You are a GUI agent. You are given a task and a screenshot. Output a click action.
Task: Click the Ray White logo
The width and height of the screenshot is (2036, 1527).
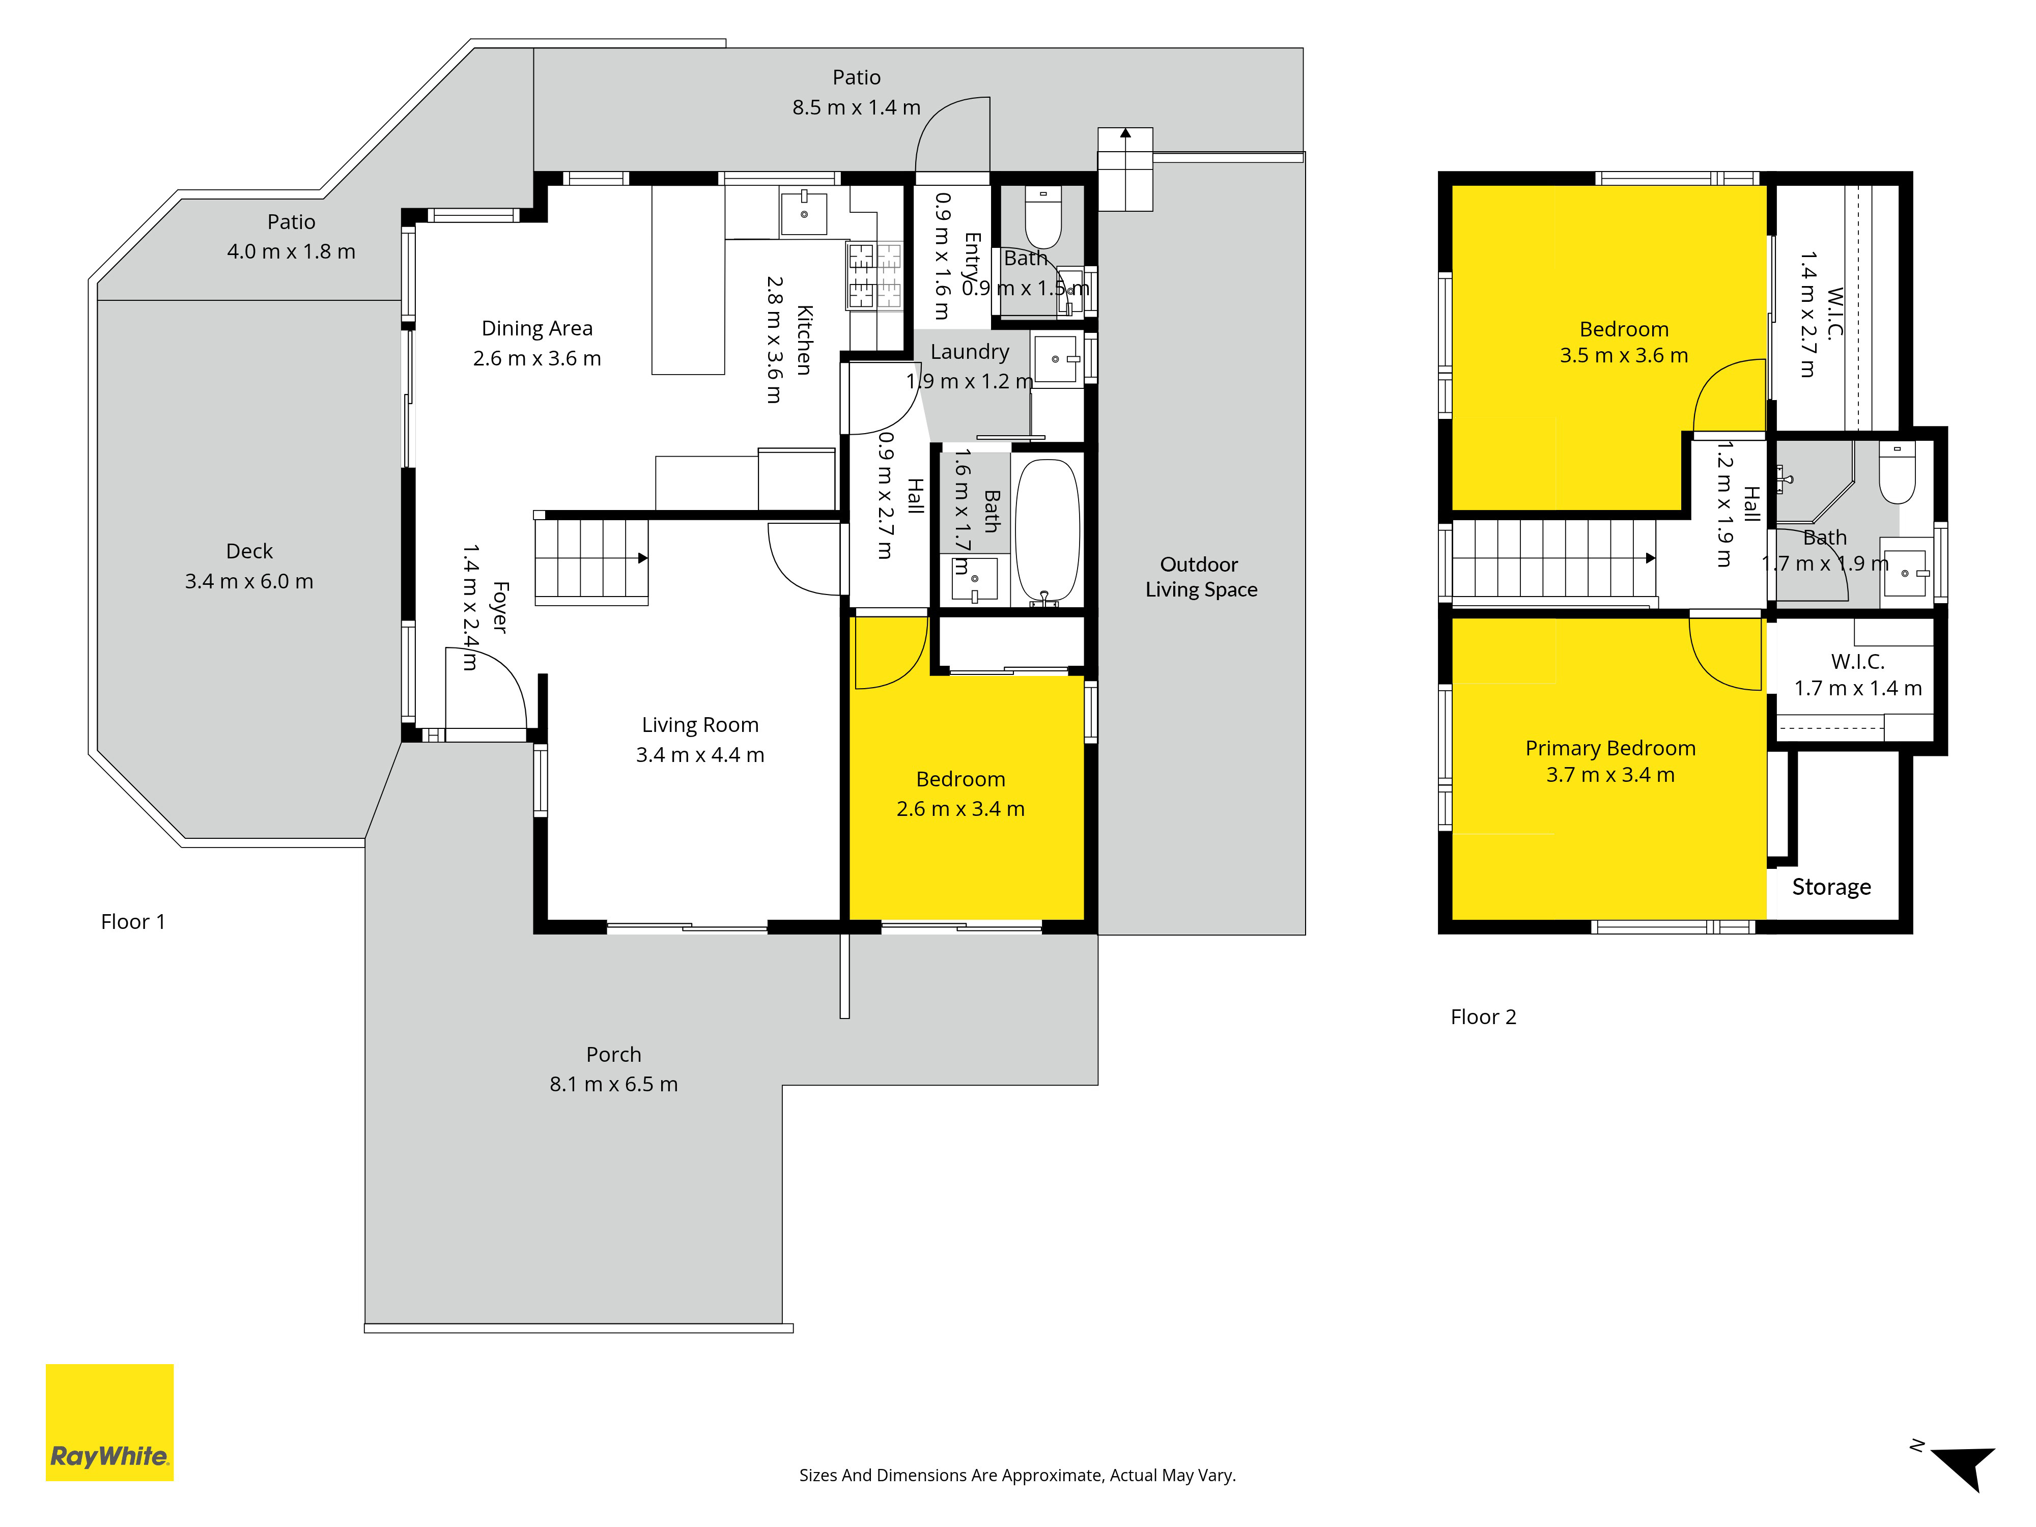[109, 1422]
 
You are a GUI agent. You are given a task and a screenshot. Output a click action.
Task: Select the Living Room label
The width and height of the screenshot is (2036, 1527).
[699, 725]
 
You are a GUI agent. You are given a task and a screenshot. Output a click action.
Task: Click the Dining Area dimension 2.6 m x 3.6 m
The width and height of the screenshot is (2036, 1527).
[536, 359]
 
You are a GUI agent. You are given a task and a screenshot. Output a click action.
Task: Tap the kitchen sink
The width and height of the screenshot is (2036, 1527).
[804, 214]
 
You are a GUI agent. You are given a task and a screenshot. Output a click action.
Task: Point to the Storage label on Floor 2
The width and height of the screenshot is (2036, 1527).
[1831, 887]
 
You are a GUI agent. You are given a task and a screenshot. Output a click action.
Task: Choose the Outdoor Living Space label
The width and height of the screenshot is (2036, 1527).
[1200, 577]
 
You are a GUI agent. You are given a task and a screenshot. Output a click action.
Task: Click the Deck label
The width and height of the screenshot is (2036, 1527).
[249, 551]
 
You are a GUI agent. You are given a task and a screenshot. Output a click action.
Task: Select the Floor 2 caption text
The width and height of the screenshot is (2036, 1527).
[1483, 1017]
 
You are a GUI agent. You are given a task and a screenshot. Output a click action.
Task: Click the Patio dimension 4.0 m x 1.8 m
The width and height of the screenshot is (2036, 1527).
[291, 252]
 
